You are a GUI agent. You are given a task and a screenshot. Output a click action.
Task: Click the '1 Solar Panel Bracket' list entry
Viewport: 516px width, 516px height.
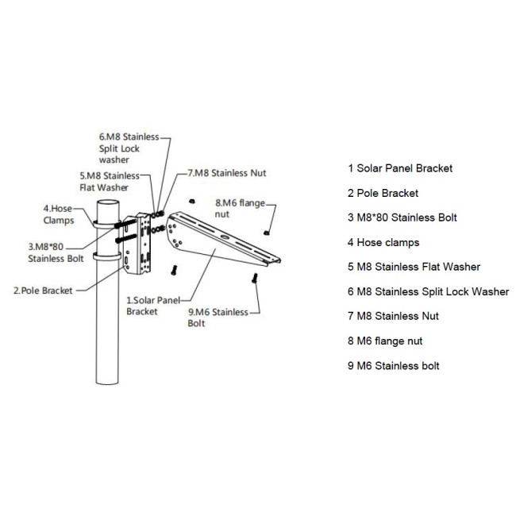click(x=400, y=168)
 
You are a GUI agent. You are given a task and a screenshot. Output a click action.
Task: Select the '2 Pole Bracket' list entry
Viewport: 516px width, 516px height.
click(x=383, y=193)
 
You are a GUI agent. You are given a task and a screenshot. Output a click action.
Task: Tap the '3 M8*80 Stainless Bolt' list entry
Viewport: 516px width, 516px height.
click(x=402, y=218)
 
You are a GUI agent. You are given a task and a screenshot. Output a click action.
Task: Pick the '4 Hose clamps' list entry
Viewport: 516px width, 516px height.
click(x=383, y=242)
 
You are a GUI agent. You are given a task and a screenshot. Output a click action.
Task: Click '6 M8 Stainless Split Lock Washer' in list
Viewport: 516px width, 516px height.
click(x=428, y=291)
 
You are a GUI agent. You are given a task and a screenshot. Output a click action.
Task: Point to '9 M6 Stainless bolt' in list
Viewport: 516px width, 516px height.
click(x=394, y=365)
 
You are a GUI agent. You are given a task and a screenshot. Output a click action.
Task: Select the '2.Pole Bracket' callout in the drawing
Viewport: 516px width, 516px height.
click(x=43, y=291)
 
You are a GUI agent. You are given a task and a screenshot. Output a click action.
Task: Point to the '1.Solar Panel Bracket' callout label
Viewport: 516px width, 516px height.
click(x=154, y=306)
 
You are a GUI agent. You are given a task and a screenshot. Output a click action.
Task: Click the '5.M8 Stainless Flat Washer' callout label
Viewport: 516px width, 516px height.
click(x=109, y=182)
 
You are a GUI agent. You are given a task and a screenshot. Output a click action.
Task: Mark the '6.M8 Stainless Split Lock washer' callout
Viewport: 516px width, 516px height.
click(x=129, y=148)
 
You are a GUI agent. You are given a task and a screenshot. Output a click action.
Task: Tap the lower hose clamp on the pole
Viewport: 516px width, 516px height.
click(x=108, y=256)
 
